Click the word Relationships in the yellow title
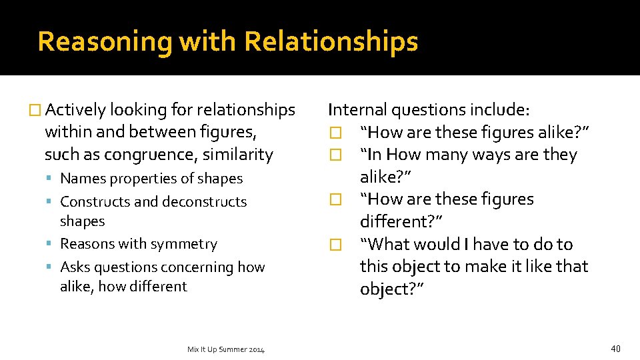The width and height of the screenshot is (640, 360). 331,41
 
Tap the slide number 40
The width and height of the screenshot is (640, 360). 615,348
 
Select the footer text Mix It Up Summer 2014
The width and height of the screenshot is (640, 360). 226,349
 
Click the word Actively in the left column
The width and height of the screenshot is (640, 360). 76,109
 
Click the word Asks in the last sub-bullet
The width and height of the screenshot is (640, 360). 75,267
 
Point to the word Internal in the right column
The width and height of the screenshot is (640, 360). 357,109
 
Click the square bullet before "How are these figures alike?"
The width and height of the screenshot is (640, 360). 335,133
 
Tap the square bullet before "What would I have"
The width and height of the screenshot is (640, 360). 335,245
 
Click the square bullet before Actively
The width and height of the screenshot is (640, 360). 37,110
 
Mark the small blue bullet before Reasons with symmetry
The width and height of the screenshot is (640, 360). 51,244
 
